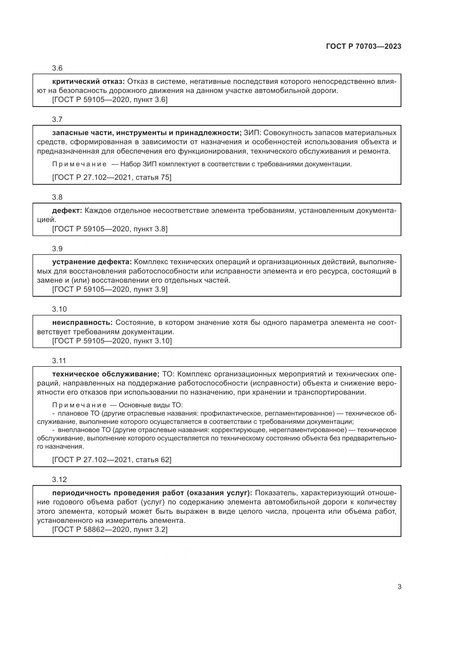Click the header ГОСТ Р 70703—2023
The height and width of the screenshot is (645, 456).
click(364, 47)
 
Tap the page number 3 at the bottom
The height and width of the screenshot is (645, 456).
click(399, 587)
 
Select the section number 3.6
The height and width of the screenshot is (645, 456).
click(57, 68)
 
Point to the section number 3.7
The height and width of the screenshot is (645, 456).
click(57, 120)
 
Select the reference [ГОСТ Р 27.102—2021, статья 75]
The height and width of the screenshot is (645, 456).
click(112, 178)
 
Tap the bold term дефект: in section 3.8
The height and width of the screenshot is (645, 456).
click(67, 211)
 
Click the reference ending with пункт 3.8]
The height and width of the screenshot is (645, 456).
click(110, 229)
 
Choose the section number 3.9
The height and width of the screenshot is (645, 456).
click(57, 249)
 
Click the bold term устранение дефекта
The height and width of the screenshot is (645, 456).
click(92, 262)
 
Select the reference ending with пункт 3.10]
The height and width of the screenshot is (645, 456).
click(112, 341)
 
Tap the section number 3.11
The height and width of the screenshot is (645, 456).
click(59, 361)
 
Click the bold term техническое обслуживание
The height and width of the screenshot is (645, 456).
click(106, 374)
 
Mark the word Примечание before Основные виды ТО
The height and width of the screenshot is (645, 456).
click(79, 405)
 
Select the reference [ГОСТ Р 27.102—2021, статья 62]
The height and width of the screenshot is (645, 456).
click(112, 460)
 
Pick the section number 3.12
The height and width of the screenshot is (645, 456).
click(59, 480)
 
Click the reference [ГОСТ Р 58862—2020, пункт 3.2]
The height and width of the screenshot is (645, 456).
click(110, 529)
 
